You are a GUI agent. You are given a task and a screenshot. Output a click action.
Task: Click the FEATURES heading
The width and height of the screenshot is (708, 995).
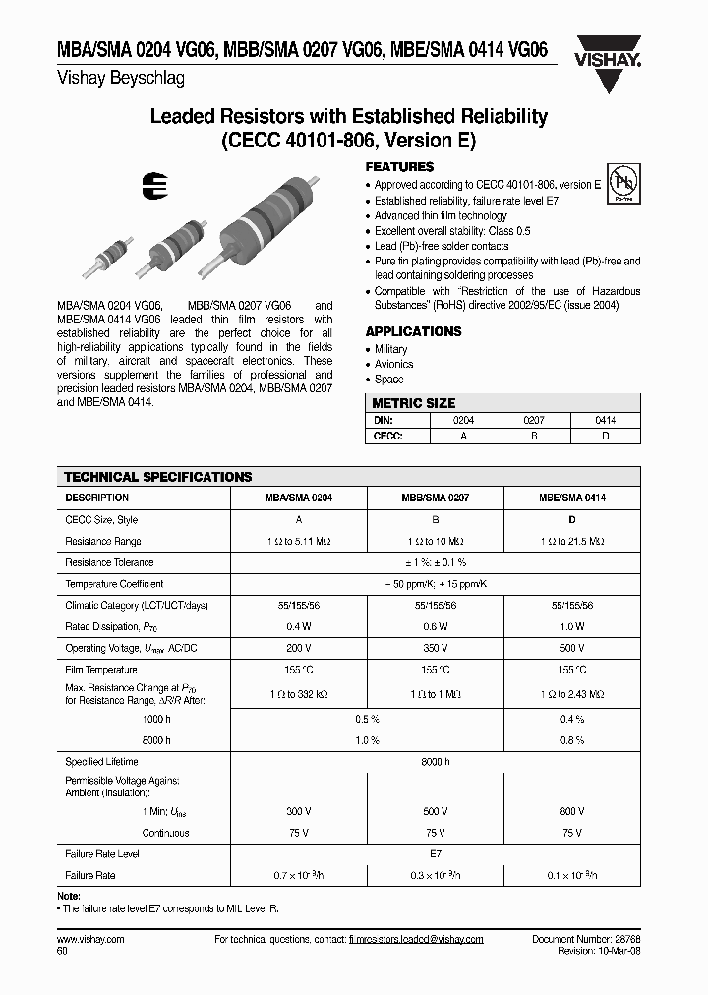399,167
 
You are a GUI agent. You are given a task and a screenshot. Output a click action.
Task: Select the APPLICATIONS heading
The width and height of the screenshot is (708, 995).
414,332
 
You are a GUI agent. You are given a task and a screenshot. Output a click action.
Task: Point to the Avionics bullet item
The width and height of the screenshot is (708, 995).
393,364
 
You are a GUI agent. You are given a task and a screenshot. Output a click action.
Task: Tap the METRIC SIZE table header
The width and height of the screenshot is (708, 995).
413,403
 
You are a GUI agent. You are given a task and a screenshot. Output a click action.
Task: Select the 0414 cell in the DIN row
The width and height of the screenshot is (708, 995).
606,419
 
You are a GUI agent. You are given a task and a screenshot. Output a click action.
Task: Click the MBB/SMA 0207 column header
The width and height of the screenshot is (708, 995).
434,498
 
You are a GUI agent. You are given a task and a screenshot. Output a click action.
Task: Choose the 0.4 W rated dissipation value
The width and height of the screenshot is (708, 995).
298,626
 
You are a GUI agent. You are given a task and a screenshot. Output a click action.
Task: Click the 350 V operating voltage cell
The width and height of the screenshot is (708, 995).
434,648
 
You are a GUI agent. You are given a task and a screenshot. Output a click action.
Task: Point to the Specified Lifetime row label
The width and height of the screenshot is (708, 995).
101,762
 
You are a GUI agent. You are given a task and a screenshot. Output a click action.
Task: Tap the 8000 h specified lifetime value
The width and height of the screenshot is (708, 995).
434,762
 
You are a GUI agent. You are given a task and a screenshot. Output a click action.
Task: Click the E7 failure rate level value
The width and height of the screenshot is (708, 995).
434,854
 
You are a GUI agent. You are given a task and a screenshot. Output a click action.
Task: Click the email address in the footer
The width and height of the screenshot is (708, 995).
416,939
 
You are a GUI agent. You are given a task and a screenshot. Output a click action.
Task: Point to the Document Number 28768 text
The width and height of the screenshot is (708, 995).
584,939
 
